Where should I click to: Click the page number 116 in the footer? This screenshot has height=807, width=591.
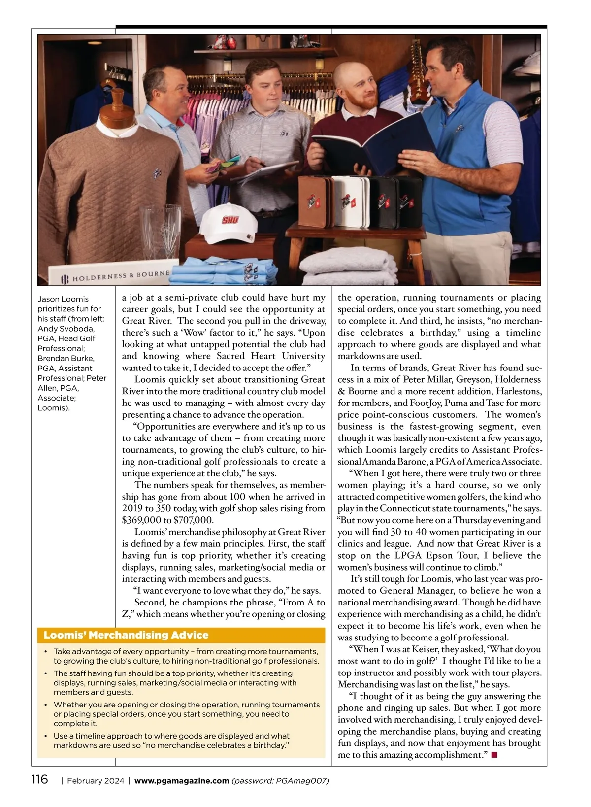coord(40,779)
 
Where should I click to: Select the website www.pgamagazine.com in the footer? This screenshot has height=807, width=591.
coord(181,781)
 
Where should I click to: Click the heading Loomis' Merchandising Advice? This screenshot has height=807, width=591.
coord(126,635)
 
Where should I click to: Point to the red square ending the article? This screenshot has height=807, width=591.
coord(494,755)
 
